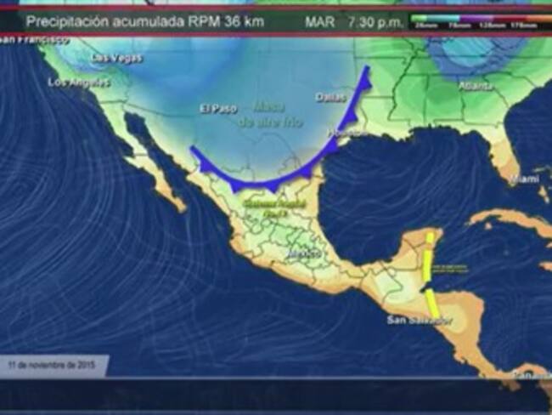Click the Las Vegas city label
click(x=117, y=59)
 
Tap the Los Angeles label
click(x=79, y=82)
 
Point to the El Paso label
click(x=217, y=109)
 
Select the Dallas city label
click(x=331, y=97)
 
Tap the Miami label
click(x=524, y=179)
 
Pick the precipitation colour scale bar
click(x=474, y=20)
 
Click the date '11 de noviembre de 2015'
click(x=51, y=366)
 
